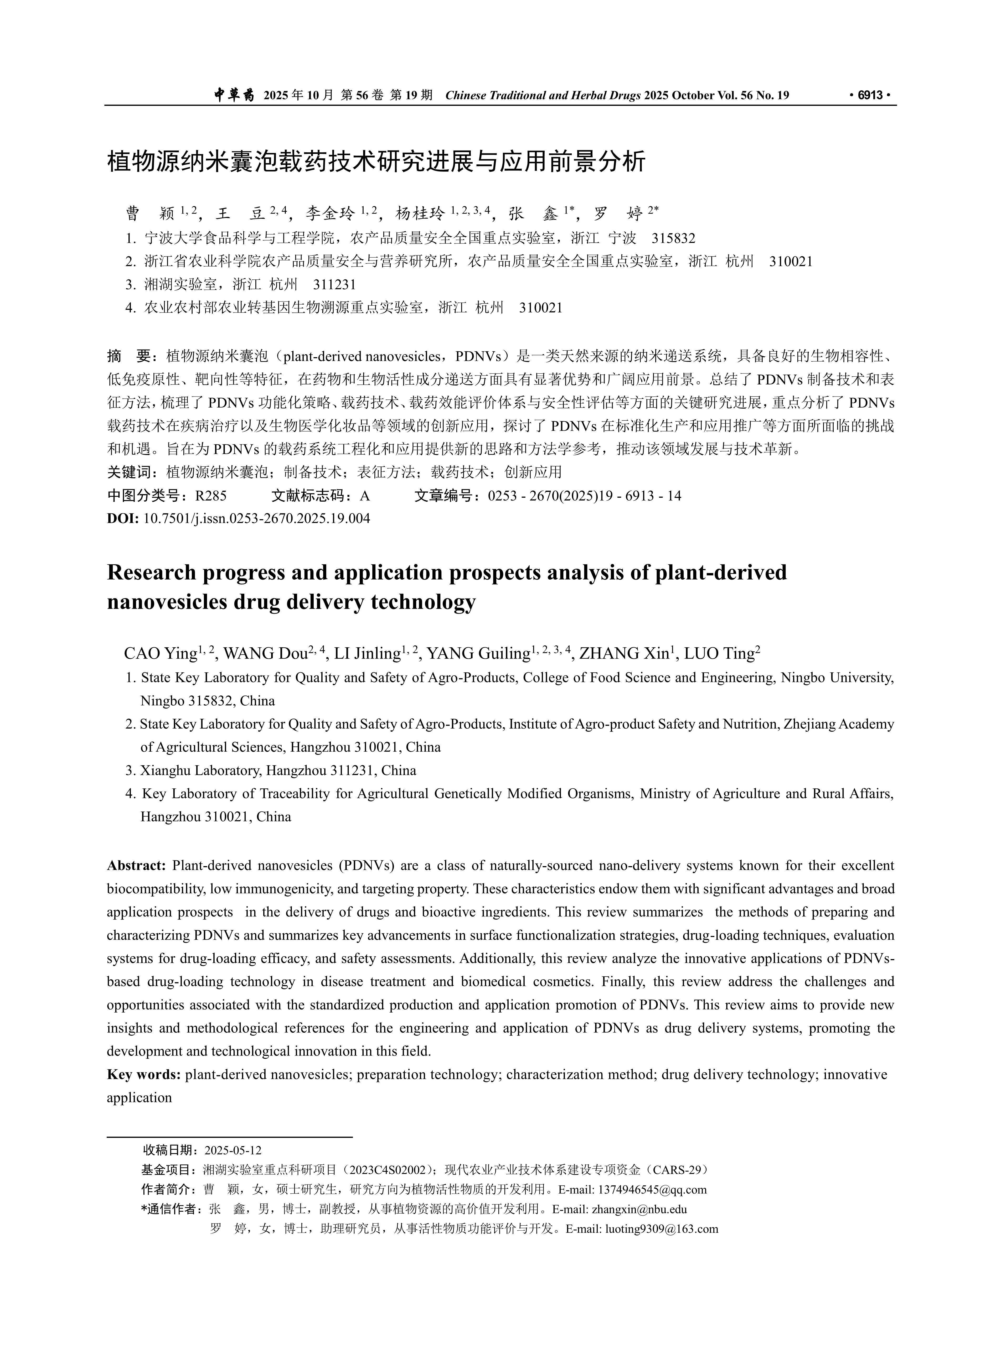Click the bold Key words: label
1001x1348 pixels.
(x=144, y=1074)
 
